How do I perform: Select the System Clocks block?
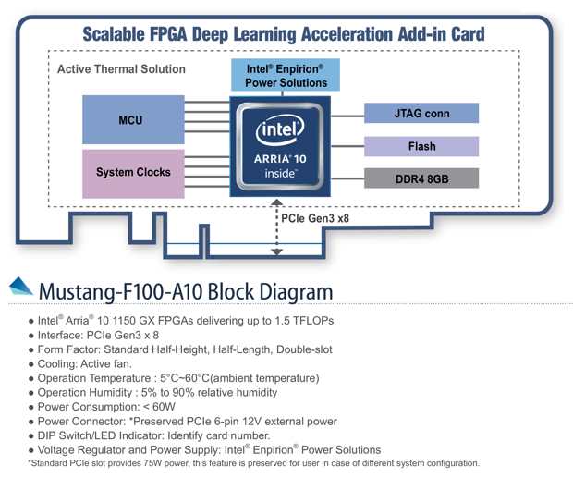click(x=133, y=172)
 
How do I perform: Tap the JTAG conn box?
click(x=421, y=114)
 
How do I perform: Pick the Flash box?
click(x=421, y=146)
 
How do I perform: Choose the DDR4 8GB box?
click(x=421, y=178)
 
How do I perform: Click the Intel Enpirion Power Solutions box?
click(x=286, y=75)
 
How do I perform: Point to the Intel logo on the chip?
click(x=280, y=130)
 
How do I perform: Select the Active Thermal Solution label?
click(x=121, y=69)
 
